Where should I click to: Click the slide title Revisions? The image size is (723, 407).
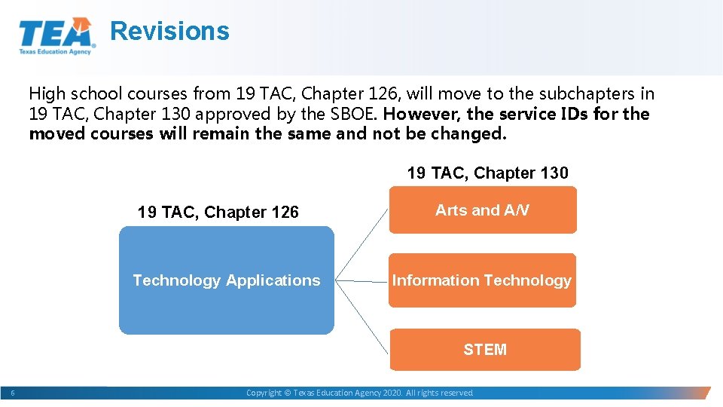169,32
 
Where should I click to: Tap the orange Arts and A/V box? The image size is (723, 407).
482,210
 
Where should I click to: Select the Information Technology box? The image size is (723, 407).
481,280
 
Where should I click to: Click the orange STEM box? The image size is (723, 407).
485,350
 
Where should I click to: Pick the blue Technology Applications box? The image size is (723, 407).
226,280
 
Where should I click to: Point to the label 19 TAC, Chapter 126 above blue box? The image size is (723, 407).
218,213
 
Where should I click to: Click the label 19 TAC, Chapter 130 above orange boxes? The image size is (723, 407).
487,173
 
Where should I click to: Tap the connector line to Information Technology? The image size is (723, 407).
361,281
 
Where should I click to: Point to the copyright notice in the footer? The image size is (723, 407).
360,393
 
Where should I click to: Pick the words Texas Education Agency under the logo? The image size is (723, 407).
55,51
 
